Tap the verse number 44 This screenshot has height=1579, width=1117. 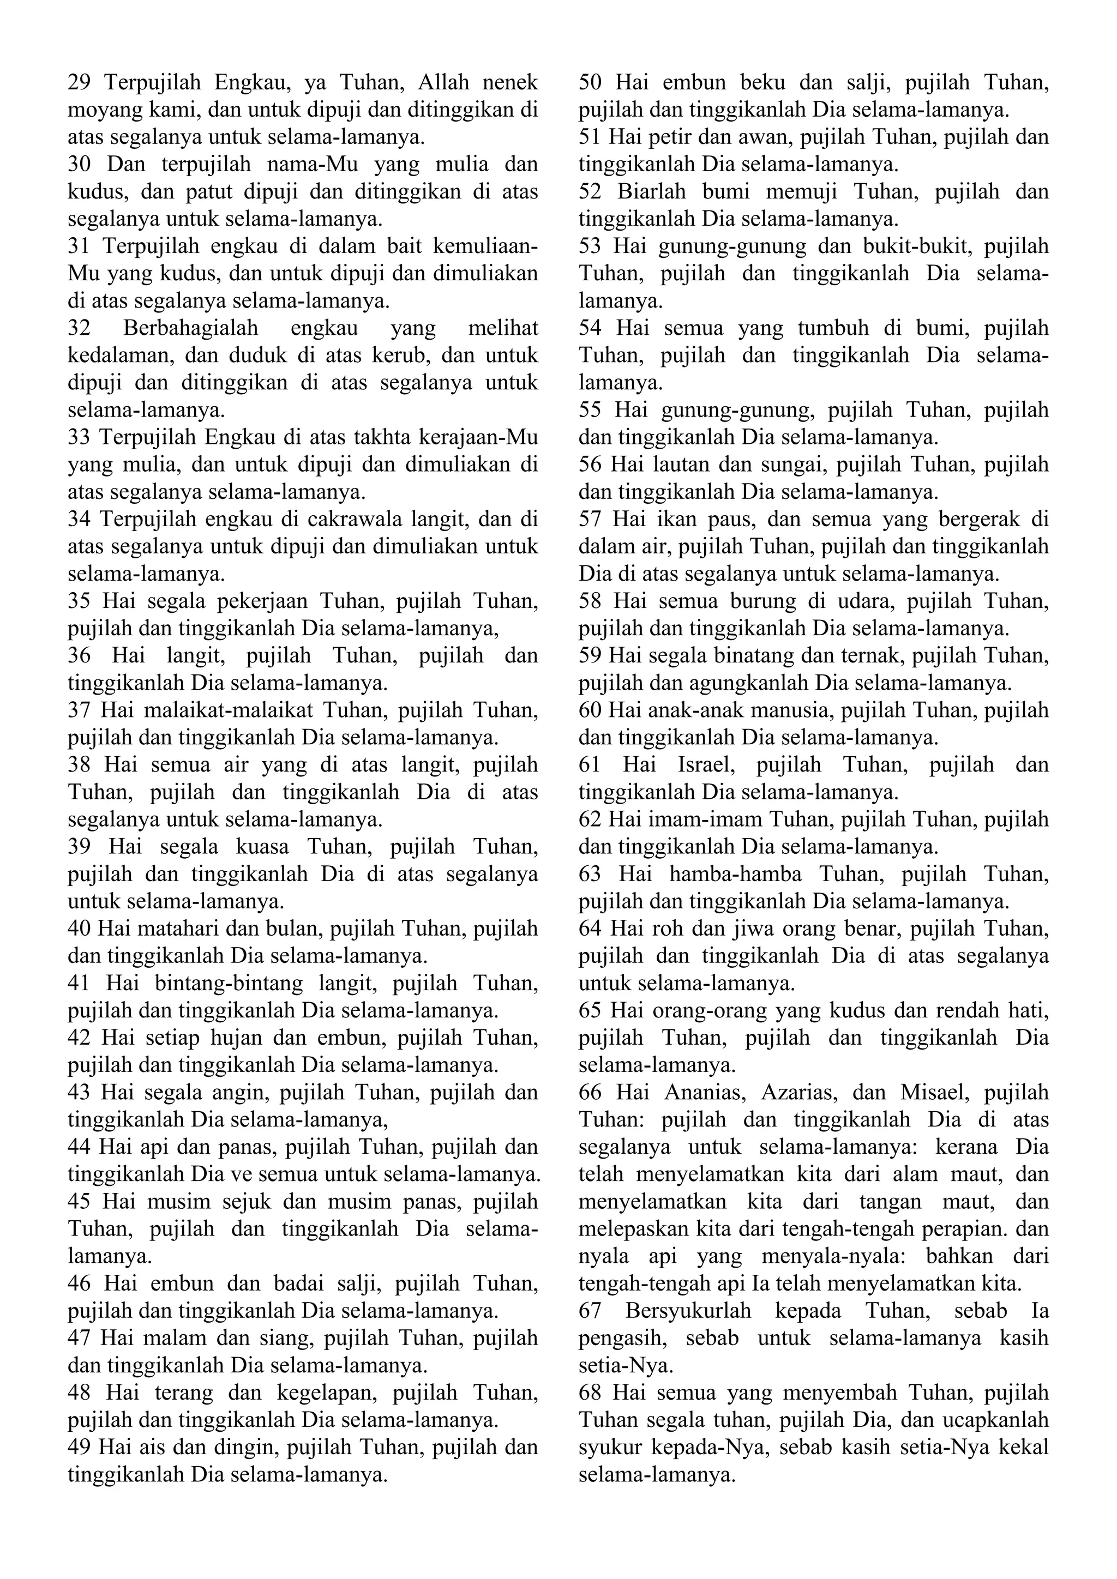pyautogui.click(x=80, y=1147)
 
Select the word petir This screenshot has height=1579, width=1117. pyautogui.click(x=656, y=137)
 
